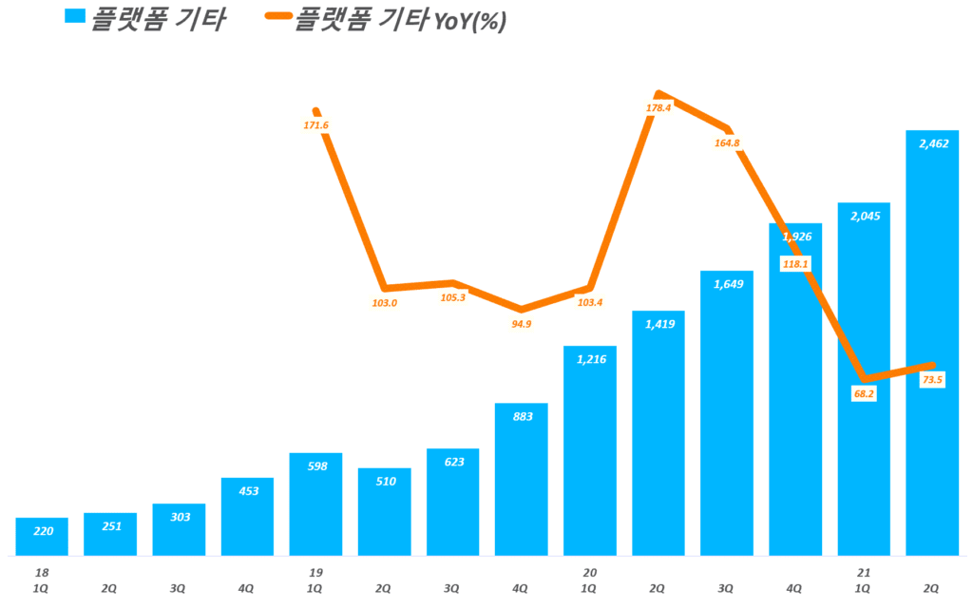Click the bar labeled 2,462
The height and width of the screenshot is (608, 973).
(931, 342)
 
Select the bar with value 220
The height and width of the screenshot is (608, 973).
(42, 537)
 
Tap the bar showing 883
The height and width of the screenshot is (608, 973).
(521, 480)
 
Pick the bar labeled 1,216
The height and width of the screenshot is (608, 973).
(589, 451)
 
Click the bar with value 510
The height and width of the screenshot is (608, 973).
(384, 512)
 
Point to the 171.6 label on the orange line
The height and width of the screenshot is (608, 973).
(315, 124)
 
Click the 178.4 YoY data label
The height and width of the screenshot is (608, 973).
(658, 107)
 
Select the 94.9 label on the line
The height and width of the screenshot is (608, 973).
(521, 324)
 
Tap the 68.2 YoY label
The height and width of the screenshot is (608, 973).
(864, 393)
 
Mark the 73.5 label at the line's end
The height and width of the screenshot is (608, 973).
(932, 380)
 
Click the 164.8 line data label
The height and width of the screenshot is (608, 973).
(726, 143)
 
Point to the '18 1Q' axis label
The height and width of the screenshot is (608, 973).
(42, 580)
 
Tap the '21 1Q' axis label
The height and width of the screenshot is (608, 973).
(863, 580)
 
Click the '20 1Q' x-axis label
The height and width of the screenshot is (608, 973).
(589, 580)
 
